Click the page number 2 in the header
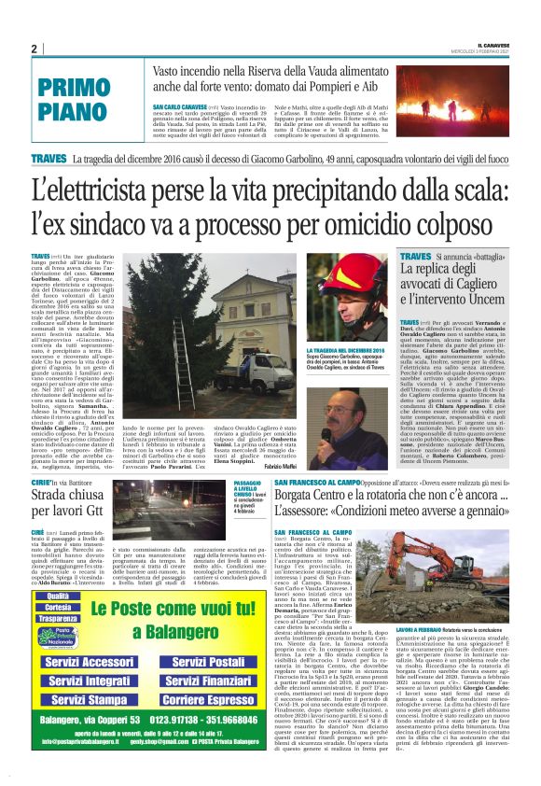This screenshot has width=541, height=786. [x=34, y=49]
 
